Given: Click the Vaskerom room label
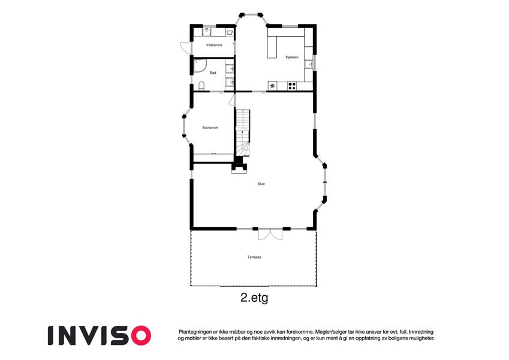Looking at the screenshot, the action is [214, 45].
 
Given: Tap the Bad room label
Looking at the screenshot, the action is [213, 73].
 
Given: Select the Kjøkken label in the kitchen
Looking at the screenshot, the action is [292, 57].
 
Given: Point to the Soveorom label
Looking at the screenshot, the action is [210, 128].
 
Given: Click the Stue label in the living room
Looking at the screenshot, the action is [261, 184].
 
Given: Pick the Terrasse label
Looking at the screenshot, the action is [254, 257].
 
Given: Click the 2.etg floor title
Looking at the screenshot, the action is [254, 298].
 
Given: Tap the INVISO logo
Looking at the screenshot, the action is [100, 335].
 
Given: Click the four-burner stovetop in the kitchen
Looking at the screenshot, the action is [292, 86].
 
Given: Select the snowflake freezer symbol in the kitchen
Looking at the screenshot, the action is [272, 86].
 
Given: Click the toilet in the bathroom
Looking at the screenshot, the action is [201, 86].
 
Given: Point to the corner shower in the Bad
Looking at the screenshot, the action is [200, 65].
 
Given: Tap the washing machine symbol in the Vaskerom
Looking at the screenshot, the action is [229, 32].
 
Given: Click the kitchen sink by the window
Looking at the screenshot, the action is [310, 64].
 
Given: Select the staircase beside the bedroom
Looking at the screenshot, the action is [243, 133].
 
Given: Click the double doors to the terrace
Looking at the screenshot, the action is [270, 234].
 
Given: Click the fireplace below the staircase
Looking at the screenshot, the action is [239, 166].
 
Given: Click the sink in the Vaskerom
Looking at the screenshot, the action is [206, 32].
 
